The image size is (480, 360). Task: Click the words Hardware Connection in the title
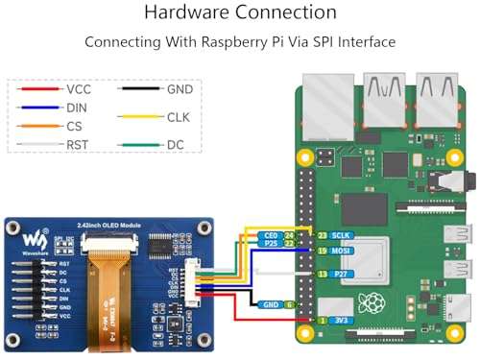pos(240,12)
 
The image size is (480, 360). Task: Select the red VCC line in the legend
pos(36,88)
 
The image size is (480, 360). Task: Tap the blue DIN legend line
pos(36,108)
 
